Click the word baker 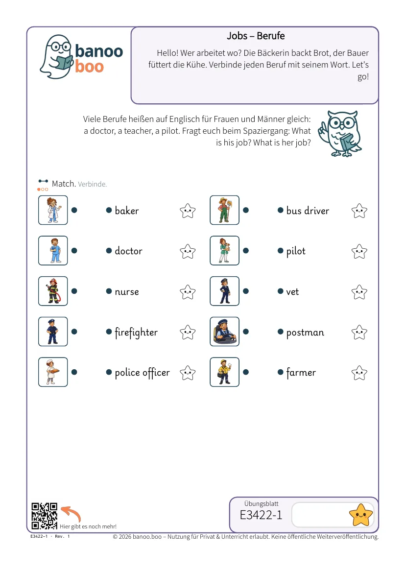tap(127, 211)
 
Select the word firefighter tap(136, 333)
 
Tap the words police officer tap(142, 373)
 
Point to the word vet tap(292, 291)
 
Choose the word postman tap(305, 333)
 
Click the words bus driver tap(308, 211)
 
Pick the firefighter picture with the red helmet tap(53, 291)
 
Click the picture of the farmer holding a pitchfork tap(224, 210)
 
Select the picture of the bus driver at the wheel tap(224, 332)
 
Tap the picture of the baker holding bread tap(53, 372)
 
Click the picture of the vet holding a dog tap(224, 250)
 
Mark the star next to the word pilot tap(359, 251)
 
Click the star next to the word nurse tap(188, 292)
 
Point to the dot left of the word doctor tap(109, 251)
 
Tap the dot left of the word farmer tap(280, 372)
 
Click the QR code tap(44, 516)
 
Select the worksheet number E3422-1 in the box tap(261, 515)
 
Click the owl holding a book tap(340, 133)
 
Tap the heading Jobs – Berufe tap(256, 36)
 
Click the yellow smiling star tap(361, 515)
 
